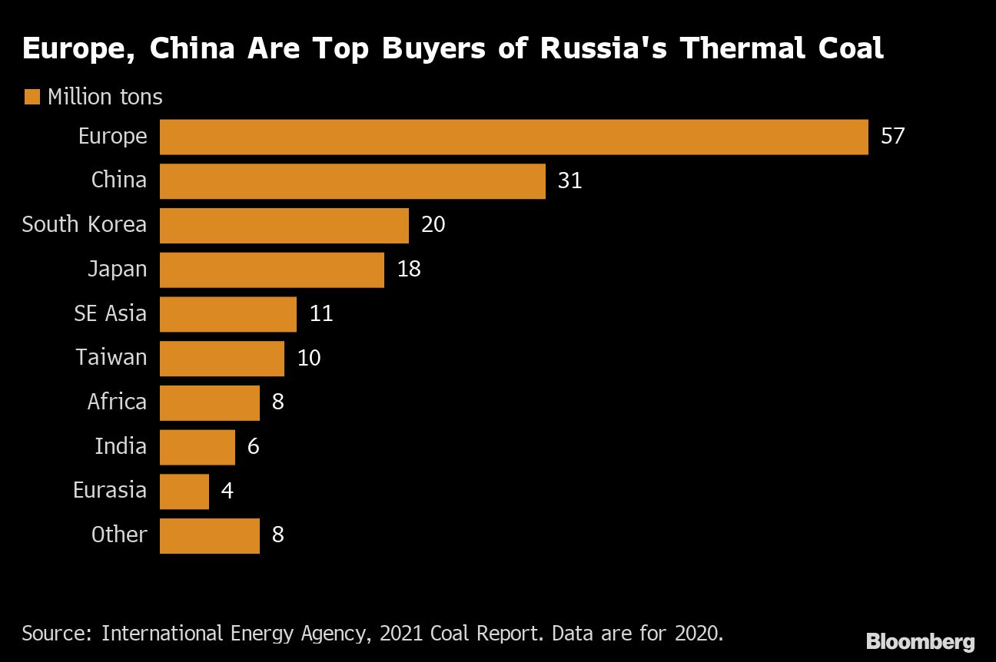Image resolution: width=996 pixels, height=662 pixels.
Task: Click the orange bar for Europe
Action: tap(513, 137)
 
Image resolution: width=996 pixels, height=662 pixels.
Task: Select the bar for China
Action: tap(352, 181)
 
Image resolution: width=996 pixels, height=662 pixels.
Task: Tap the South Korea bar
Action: tap(284, 225)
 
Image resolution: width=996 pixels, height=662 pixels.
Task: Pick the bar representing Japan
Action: tap(271, 270)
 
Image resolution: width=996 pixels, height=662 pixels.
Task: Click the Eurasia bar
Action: tap(184, 491)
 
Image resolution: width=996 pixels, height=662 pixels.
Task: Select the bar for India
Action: tap(197, 447)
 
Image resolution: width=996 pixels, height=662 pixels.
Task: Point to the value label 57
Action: tap(893, 137)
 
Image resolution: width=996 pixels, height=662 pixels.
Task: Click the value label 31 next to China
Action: tap(569, 181)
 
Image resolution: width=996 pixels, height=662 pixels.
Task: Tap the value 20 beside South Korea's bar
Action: tap(433, 225)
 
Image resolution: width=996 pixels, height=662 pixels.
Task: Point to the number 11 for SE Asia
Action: tap(321, 314)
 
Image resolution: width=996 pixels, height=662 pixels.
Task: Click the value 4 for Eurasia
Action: tap(227, 491)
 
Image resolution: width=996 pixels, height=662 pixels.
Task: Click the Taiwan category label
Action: tap(111, 358)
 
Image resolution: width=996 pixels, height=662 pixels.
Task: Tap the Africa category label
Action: tap(117, 402)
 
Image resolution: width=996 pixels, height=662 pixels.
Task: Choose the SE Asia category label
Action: tap(110, 314)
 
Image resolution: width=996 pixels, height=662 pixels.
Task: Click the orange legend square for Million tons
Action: tap(32, 97)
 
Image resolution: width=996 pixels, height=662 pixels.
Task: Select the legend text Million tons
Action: tap(105, 97)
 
